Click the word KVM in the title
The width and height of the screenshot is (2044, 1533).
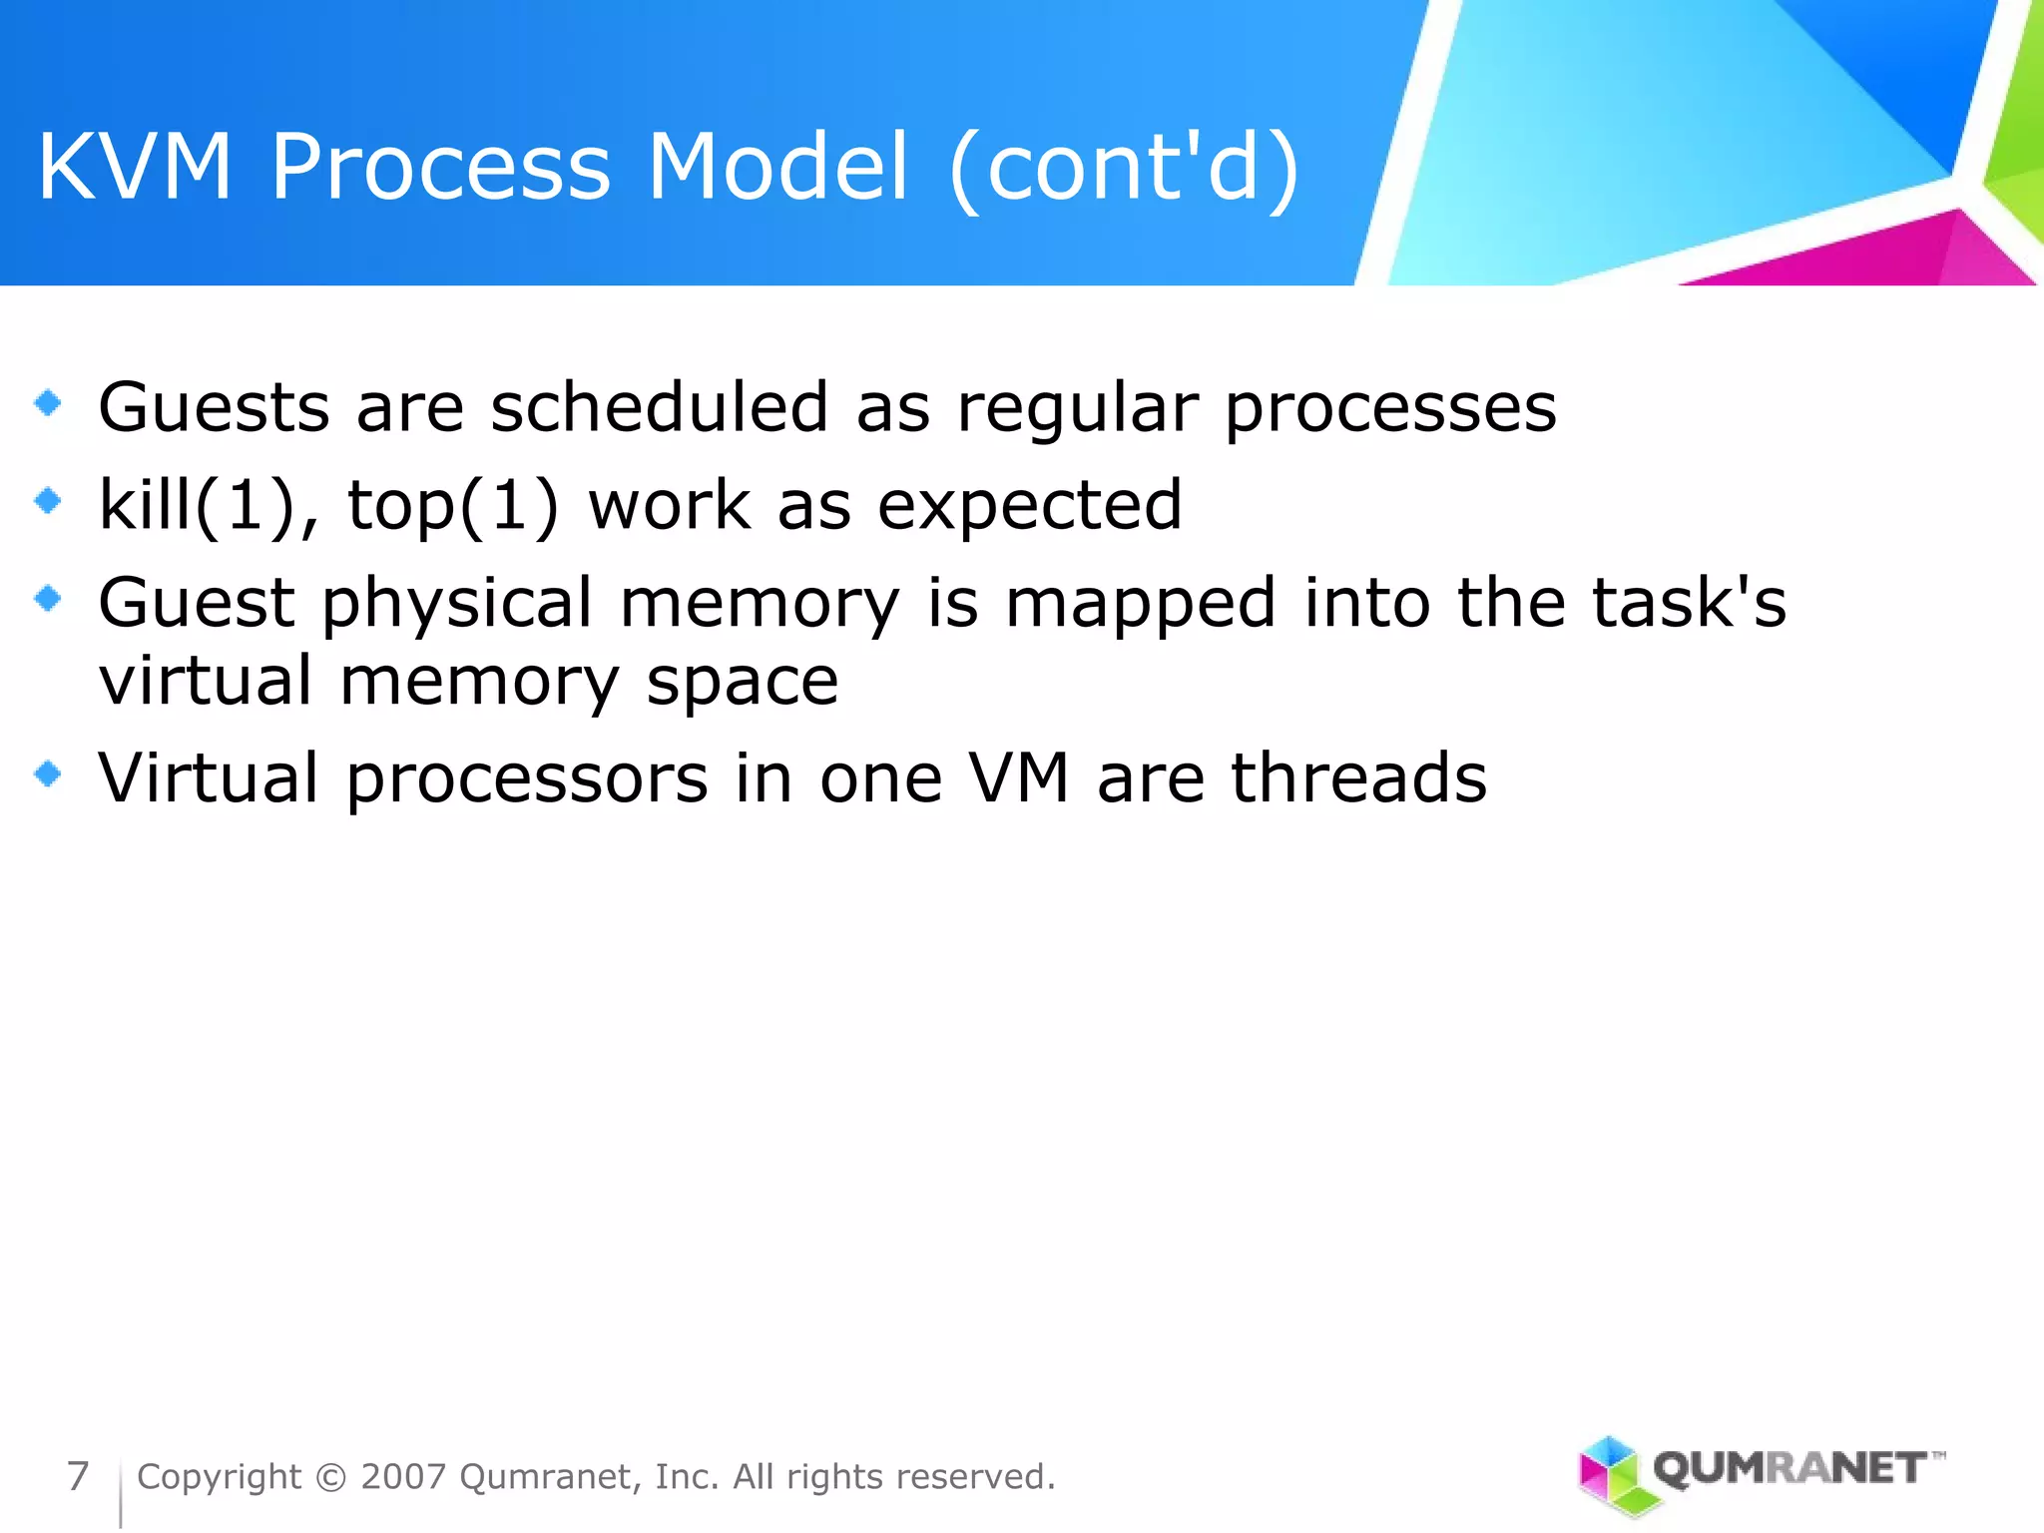pyautogui.click(x=135, y=167)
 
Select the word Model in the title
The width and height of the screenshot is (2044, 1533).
pyautogui.click(x=777, y=167)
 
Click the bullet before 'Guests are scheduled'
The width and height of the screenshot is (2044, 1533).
pyautogui.click(x=47, y=403)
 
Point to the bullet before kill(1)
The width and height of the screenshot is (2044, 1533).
pyautogui.click(x=47, y=500)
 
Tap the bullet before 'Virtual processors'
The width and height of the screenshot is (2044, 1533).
pyautogui.click(x=47, y=773)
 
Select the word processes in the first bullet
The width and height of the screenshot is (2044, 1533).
pyautogui.click(x=1389, y=409)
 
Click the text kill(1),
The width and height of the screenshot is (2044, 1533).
pyautogui.click(x=209, y=505)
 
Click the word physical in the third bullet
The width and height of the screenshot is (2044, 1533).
pyautogui.click(x=457, y=605)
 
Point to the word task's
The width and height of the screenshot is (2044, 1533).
pyautogui.click(x=1689, y=603)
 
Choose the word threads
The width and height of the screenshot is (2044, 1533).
pyautogui.click(x=1358, y=777)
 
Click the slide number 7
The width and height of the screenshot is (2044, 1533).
pyautogui.click(x=78, y=1476)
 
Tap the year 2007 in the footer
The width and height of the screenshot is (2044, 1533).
pyautogui.click(x=403, y=1477)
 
